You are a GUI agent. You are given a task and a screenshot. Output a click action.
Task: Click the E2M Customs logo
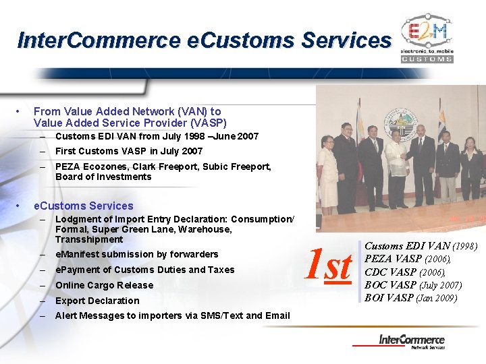(427, 40)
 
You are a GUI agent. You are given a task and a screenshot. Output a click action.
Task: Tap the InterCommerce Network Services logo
(412, 341)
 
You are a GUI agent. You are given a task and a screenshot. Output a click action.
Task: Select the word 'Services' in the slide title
(346, 40)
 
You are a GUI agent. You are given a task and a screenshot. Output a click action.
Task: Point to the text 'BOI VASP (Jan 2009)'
(410, 297)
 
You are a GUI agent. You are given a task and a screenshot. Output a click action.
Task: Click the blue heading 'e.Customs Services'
(84, 206)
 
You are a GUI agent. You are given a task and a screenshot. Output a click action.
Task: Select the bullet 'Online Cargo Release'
(104, 285)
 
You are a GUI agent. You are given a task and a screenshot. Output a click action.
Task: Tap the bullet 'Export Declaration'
(97, 301)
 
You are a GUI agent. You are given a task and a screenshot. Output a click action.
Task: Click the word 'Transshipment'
(89, 239)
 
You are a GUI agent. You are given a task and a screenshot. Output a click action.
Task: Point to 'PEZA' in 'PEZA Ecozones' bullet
(67, 166)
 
